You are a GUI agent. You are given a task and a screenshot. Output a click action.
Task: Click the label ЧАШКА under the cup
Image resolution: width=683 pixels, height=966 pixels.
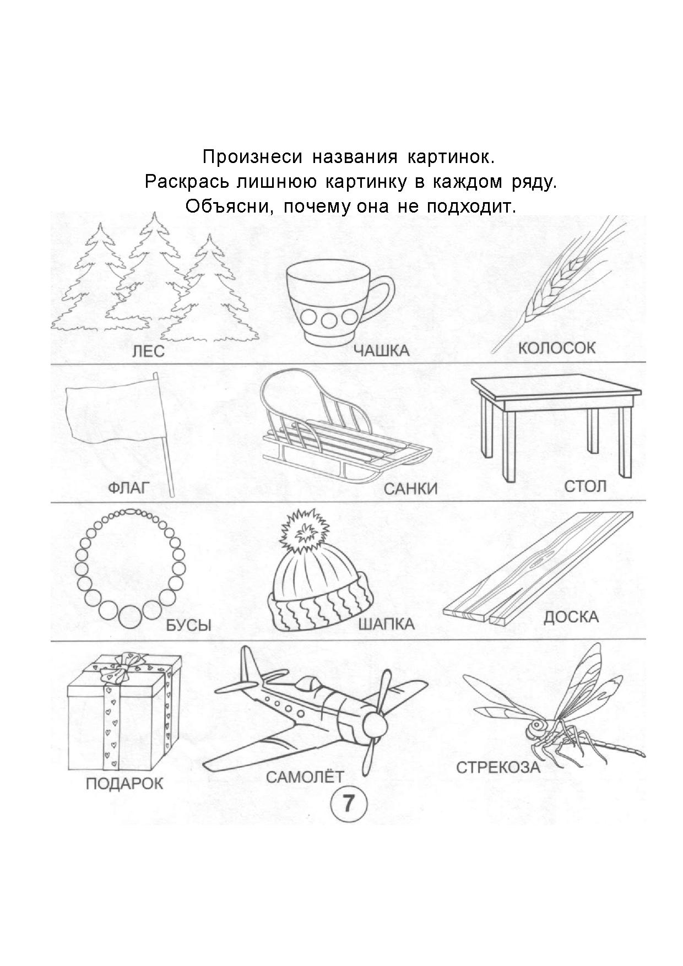click(381, 350)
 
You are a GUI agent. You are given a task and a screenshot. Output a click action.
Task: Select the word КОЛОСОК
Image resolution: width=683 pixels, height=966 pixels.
click(557, 348)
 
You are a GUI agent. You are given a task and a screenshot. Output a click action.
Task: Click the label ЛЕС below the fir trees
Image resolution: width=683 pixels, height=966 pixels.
click(148, 351)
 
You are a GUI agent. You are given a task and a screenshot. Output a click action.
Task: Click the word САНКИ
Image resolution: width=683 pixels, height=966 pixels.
click(410, 489)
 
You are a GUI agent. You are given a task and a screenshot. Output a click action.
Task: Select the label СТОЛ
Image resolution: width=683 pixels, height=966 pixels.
click(585, 486)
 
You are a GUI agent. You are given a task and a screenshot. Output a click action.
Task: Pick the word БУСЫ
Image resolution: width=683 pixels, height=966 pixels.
click(188, 625)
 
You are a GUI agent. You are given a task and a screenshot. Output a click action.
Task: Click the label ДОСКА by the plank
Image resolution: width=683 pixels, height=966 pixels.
click(571, 617)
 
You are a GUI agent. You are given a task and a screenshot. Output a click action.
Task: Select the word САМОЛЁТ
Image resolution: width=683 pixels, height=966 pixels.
click(305, 777)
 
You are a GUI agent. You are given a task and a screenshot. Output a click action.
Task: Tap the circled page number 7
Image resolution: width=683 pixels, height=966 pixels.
click(348, 804)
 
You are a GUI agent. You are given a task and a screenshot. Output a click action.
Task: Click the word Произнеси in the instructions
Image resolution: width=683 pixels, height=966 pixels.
click(252, 157)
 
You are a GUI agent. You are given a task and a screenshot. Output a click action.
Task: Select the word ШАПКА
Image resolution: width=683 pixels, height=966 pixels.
click(386, 624)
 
